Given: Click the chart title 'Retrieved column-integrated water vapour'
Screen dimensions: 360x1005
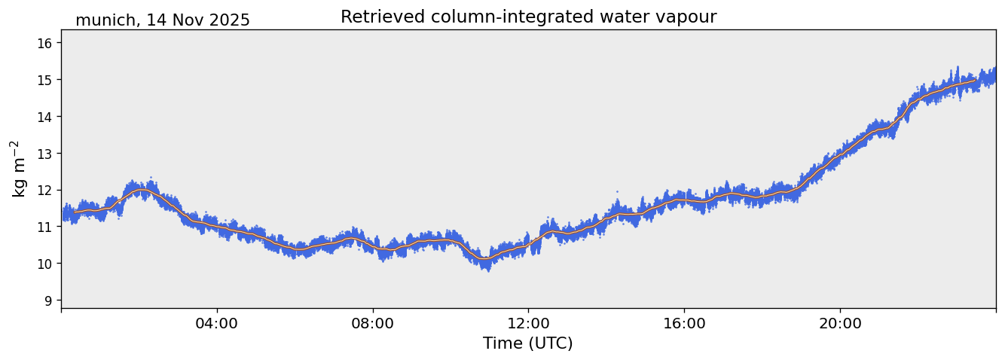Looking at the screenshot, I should point(528,17).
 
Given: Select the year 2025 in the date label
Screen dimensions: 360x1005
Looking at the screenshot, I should point(230,20).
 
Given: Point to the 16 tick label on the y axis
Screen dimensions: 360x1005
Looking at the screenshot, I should point(44,44).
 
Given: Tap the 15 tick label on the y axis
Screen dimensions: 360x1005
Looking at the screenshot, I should point(44,80).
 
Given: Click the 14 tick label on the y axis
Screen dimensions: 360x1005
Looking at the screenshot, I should point(44,117).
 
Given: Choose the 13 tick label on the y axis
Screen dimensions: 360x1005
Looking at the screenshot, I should point(44,154).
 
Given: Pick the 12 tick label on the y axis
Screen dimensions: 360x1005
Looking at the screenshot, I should point(44,190).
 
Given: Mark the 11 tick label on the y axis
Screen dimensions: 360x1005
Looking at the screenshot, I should point(44,227).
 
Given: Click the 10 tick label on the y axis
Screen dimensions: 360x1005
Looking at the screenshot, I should point(44,264).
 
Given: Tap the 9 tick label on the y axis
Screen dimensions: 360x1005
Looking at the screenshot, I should point(47,301).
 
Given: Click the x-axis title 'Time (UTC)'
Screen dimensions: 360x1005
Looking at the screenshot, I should point(528,343).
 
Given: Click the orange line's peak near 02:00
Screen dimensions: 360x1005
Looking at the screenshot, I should point(140,190).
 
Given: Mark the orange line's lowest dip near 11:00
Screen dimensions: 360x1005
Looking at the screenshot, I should point(484,259).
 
